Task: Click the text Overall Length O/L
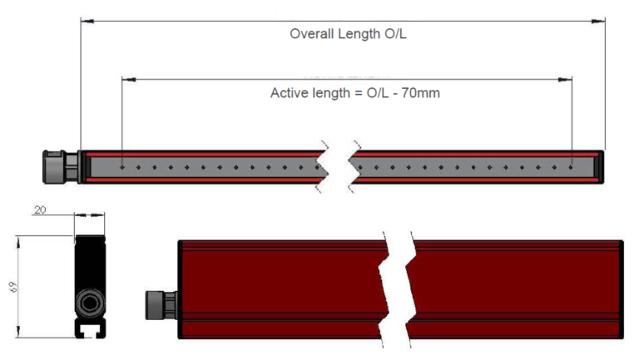(x=348, y=34)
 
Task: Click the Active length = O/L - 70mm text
(x=355, y=93)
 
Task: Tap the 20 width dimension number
(x=40, y=210)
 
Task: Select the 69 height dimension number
(x=13, y=287)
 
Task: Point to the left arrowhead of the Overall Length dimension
(x=87, y=21)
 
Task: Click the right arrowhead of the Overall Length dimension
(x=598, y=21)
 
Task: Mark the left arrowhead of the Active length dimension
(x=129, y=80)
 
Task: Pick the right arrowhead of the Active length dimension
(x=565, y=80)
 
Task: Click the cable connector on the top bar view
(x=61, y=167)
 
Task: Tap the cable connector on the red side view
(x=161, y=305)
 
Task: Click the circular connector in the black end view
(x=90, y=303)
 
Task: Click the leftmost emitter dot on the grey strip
(x=122, y=167)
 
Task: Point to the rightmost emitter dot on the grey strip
(x=571, y=167)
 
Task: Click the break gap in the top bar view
(x=339, y=167)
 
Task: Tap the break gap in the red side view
(x=397, y=289)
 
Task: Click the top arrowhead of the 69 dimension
(x=18, y=242)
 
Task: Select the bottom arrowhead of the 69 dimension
(x=18, y=331)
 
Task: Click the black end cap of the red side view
(x=621, y=289)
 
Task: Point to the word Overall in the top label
(x=312, y=34)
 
